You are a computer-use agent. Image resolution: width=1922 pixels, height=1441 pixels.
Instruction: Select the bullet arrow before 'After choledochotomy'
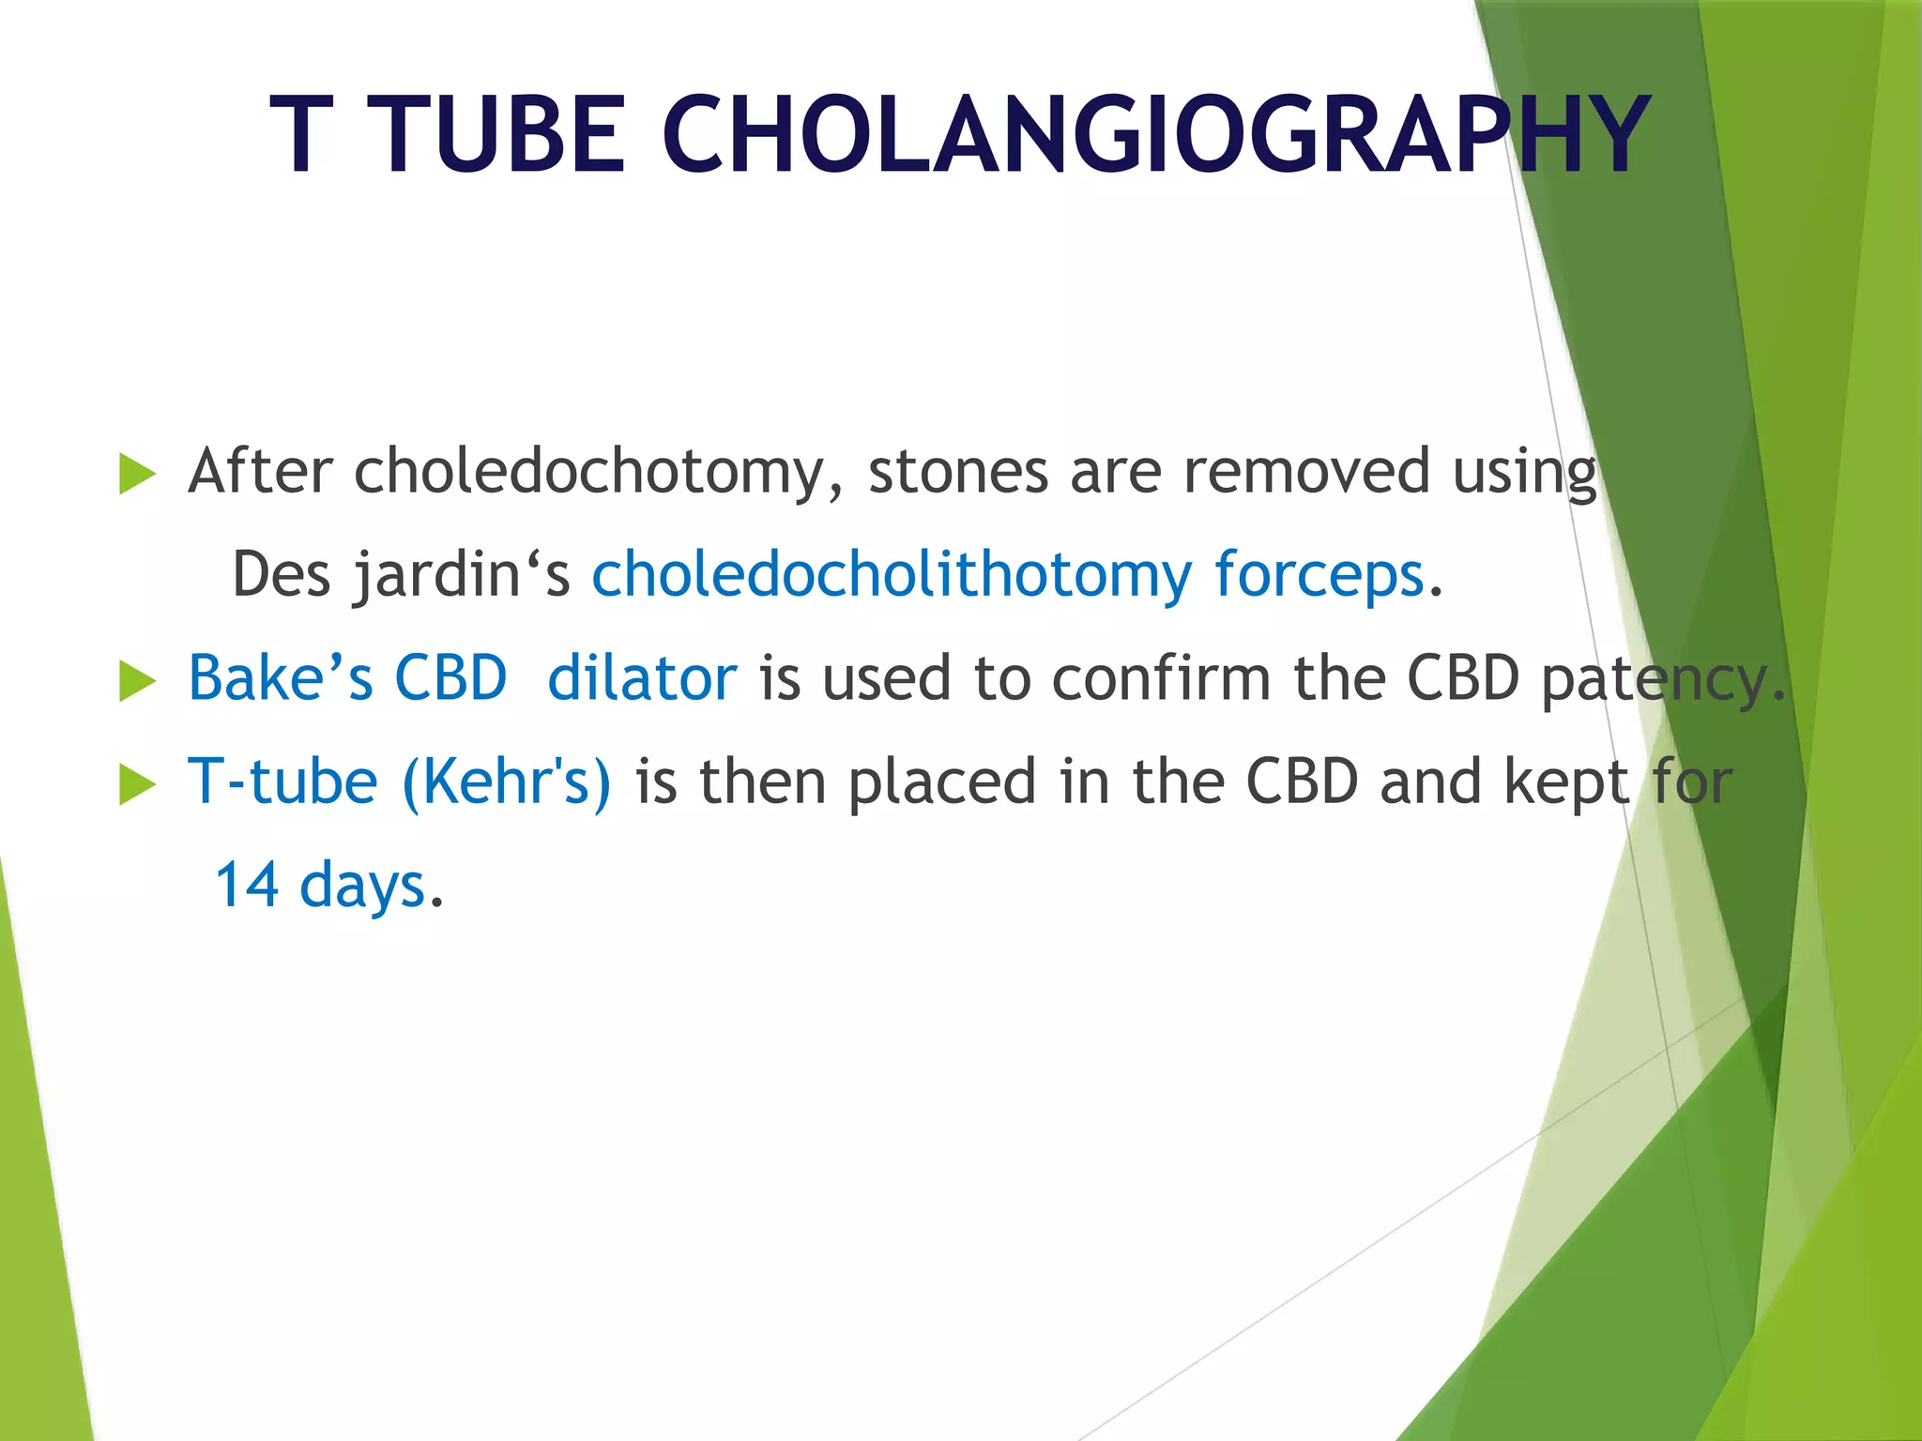(138, 474)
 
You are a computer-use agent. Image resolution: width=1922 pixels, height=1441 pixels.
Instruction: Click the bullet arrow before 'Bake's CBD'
(138, 681)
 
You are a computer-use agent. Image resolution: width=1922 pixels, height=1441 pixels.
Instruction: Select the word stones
(958, 472)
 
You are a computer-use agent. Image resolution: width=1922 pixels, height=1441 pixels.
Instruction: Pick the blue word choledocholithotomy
(892, 575)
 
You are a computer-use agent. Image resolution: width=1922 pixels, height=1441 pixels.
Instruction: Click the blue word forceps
(1319, 575)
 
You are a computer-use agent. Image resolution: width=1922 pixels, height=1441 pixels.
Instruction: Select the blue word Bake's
(280, 678)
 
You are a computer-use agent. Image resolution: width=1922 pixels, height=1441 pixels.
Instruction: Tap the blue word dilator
(642, 678)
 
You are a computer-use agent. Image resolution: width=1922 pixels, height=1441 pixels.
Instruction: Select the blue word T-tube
(282, 781)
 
